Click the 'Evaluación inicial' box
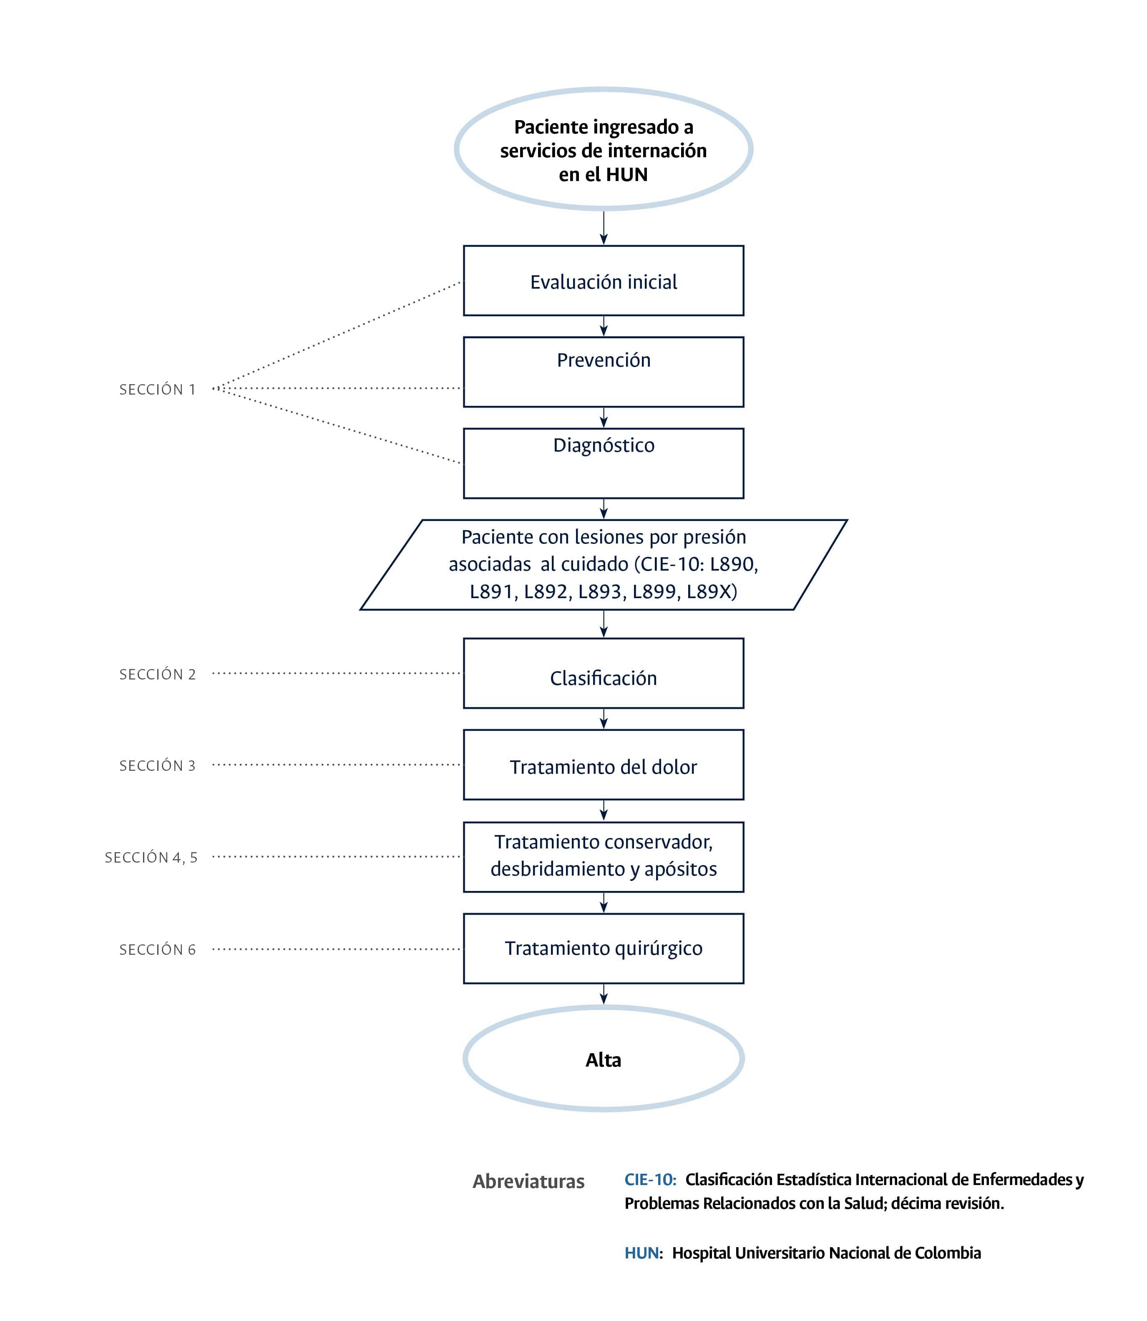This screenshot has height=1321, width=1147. (603, 281)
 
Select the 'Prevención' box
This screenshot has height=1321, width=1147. (603, 372)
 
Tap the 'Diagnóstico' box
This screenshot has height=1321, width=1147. (603, 463)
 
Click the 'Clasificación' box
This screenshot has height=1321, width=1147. (603, 673)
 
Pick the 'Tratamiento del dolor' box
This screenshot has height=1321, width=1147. (603, 765)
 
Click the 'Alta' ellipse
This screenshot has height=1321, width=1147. (603, 1060)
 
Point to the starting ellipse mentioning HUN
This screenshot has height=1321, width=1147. (603, 149)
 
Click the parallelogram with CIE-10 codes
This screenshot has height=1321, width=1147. (603, 564)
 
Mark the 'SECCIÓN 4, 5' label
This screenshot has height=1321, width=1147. (151, 857)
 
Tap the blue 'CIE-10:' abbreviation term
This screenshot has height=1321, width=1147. (650, 1179)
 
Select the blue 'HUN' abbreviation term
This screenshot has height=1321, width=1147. (641, 1253)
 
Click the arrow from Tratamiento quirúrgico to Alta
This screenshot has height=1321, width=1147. (603, 994)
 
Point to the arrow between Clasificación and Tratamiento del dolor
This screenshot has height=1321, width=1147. (603, 719)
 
